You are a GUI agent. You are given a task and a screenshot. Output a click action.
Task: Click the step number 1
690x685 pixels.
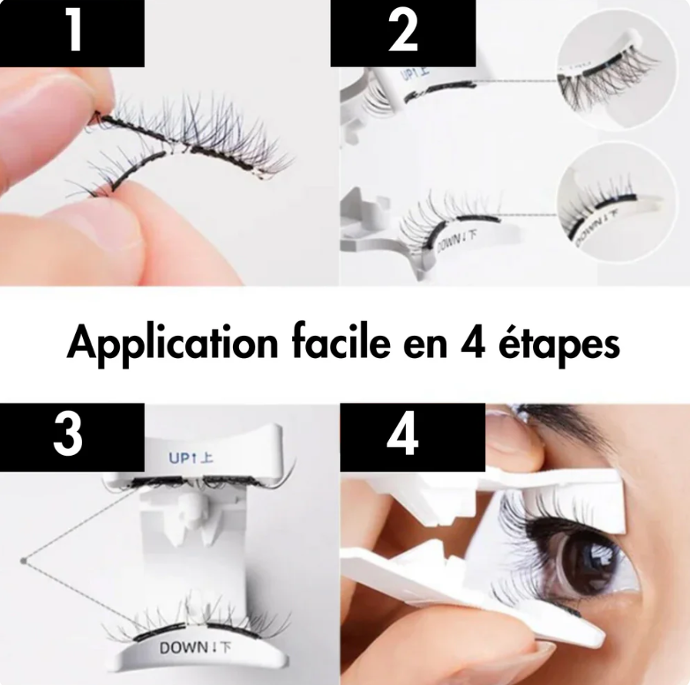pyautogui.click(x=73, y=30)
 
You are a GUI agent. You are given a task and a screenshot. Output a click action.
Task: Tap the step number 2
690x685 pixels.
pyautogui.click(x=403, y=30)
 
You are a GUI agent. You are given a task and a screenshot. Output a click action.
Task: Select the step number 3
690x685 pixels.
pyautogui.click(x=68, y=435)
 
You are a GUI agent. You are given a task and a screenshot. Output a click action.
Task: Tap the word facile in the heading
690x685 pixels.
pyautogui.click(x=341, y=342)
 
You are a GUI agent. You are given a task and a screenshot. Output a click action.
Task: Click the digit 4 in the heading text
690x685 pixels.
pyautogui.click(x=473, y=342)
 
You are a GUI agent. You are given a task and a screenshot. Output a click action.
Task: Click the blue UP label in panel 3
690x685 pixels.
pyautogui.click(x=191, y=458)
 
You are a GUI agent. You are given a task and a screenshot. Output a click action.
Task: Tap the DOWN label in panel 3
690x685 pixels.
pyautogui.click(x=195, y=648)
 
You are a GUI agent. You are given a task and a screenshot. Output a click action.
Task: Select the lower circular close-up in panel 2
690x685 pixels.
pyautogui.click(x=616, y=203)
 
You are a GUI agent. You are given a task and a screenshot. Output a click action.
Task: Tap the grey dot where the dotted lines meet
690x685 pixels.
pyautogui.click(x=23, y=561)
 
